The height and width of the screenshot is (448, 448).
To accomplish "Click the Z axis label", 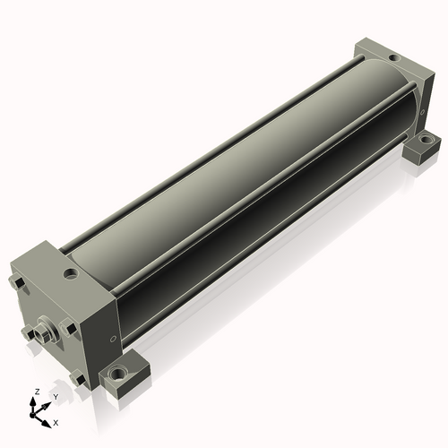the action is [38, 392].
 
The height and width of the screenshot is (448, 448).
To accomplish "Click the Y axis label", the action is [56, 397].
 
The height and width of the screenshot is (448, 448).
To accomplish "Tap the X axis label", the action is [56, 423].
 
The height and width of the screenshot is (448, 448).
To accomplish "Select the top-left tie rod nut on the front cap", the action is [17, 281].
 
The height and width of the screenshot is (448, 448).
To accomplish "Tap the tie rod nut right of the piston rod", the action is [68, 327].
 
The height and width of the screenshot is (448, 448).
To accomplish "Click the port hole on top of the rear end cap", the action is [394, 57].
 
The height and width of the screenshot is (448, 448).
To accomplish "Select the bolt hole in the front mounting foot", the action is [118, 373].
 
